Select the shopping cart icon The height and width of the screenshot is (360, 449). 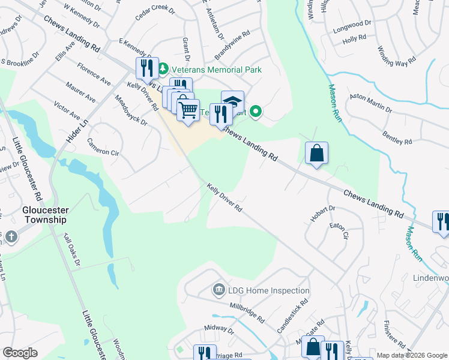(x=188, y=109)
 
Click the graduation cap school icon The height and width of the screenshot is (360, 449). (x=232, y=100)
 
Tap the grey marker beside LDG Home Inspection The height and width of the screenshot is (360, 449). (x=219, y=291)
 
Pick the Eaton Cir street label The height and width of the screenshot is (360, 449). (x=339, y=231)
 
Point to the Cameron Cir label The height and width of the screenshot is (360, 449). (x=103, y=148)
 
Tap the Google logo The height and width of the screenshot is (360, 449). (x=20, y=353)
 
